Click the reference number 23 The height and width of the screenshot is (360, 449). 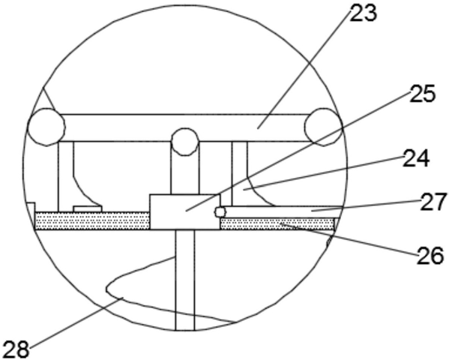click(363, 13)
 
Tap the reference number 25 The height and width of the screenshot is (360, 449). click(422, 94)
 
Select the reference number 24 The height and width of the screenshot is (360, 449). click(416, 158)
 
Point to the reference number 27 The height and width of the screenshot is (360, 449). click(433, 202)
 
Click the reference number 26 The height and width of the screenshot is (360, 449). click(430, 256)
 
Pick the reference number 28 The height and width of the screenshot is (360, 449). click(17, 349)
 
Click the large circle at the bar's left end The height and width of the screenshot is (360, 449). click(46, 127)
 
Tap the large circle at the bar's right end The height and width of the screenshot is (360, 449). click(323, 127)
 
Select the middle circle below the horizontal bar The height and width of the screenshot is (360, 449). click(185, 142)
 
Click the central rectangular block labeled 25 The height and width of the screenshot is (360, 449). click(185, 212)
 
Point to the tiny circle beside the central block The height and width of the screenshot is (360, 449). click(220, 212)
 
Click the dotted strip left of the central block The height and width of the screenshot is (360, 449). click(92, 220)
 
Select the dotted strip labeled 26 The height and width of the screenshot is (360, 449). click(277, 223)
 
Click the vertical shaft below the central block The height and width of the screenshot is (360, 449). click(185, 280)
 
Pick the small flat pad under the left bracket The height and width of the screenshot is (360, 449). click(88, 209)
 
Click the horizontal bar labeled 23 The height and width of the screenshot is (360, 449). click(185, 127)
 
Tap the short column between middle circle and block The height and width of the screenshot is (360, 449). click(185, 174)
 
